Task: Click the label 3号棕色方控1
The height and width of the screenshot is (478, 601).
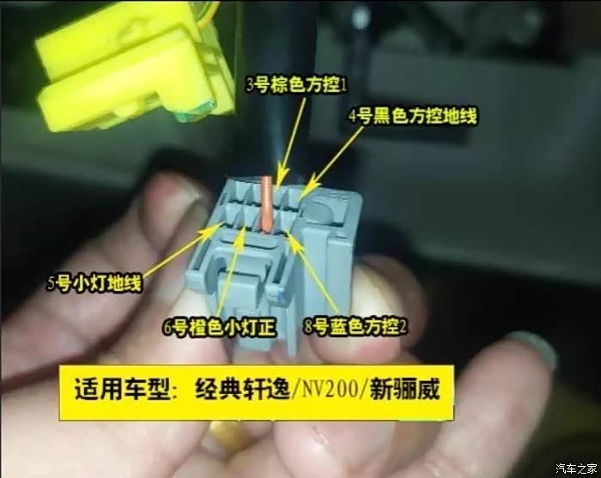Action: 296,86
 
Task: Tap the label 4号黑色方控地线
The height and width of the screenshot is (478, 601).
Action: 413,116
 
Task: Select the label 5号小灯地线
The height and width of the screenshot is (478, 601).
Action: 94,283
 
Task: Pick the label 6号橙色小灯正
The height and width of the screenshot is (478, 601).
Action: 220,328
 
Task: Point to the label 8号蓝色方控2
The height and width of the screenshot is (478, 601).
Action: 355,327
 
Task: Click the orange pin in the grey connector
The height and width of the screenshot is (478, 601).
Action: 267,203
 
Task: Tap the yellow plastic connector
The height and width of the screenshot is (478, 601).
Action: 133,66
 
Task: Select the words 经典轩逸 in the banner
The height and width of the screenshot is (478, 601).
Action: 242,389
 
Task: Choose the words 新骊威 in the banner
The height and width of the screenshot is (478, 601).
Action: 404,389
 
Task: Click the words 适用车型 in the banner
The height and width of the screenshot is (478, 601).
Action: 122,389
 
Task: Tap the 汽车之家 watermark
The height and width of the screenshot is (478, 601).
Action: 576,468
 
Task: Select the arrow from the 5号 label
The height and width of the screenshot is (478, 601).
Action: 182,251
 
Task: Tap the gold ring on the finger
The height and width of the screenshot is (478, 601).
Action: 225,433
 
